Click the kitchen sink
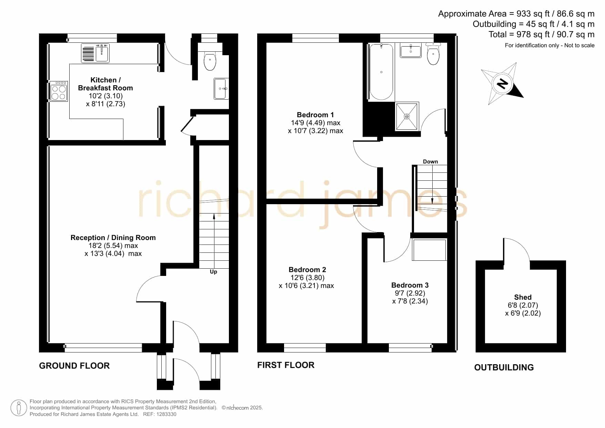point(95,53)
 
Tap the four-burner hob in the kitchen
point(59,91)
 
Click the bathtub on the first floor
point(381,72)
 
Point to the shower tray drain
point(407,117)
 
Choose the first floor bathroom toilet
point(433,53)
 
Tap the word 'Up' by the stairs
point(213,272)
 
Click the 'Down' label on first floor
point(430,161)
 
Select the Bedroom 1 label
point(315,115)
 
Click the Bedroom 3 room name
point(410,285)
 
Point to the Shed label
point(523,297)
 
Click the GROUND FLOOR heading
point(74,366)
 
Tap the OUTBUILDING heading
point(504,367)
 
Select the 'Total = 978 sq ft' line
point(541,34)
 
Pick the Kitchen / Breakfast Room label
point(105,84)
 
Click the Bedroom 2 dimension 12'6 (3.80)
point(307,278)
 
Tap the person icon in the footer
point(19,408)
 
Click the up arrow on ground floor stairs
point(214,241)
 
